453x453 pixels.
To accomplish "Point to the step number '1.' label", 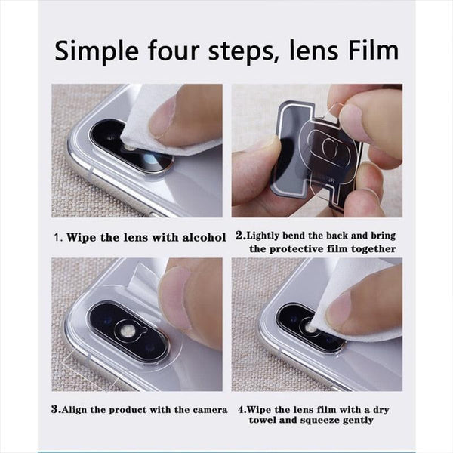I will tap(58, 236).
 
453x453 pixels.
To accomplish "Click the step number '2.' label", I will tap(241, 236).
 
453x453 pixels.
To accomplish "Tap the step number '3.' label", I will tap(57, 410).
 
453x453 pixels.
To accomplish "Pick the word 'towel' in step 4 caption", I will tap(263, 424).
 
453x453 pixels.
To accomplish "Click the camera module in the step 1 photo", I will tap(128, 151).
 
